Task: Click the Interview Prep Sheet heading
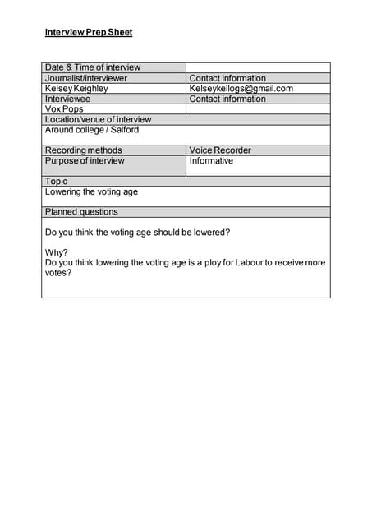click(88, 33)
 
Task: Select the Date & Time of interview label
click(92, 67)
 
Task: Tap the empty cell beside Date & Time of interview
click(258, 67)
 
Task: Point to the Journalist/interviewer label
click(86, 78)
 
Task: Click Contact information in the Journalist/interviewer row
click(227, 78)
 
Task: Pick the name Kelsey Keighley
click(76, 89)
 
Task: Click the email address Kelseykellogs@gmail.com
click(241, 89)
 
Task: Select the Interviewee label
click(67, 99)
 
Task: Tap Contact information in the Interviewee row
click(227, 99)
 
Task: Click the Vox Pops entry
click(64, 109)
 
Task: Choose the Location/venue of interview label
click(98, 119)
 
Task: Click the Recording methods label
click(83, 150)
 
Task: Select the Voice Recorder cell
click(220, 150)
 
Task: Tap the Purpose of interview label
click(85, 161)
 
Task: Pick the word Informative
click(211, 161)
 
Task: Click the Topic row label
click(57, 181)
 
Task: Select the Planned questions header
click(81, 212)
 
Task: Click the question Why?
click(57, 253)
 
